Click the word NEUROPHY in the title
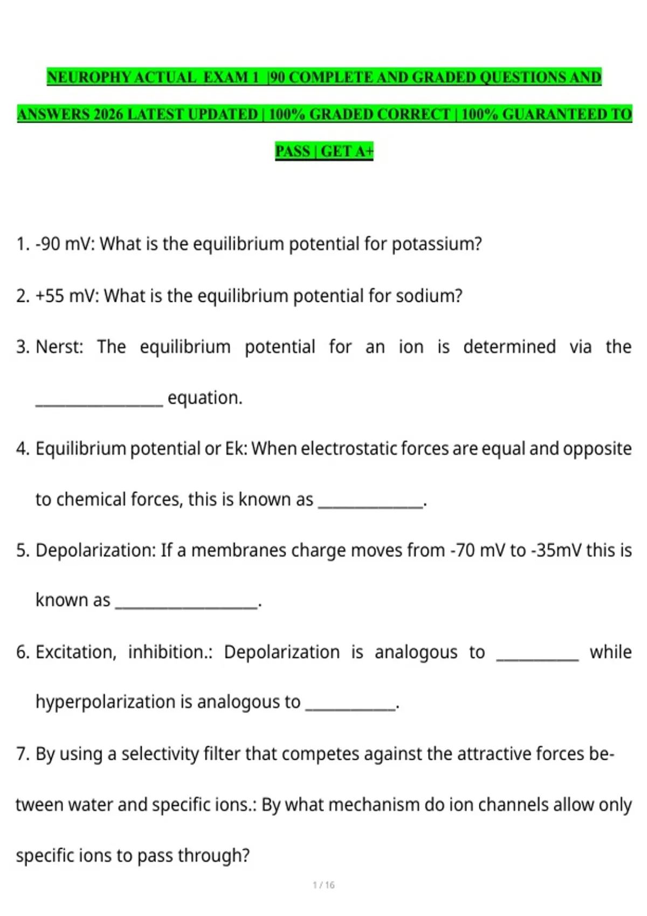[x=89, y=78]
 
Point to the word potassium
[x=436, y=244]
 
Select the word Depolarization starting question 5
[x=95, y=550]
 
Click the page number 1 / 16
[x=323, y=885]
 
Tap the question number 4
[x=22, y=448]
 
